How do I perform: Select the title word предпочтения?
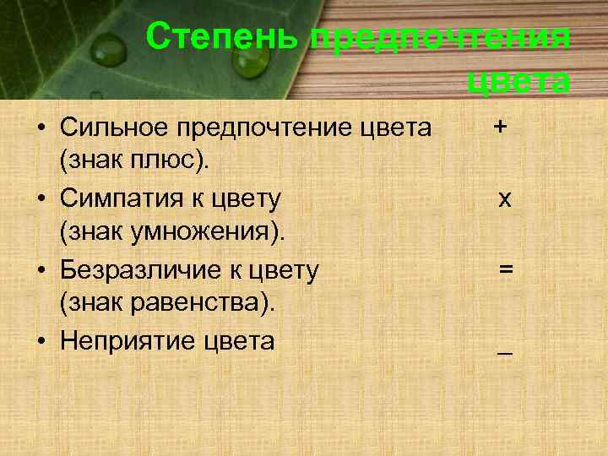click(x=440, y=38)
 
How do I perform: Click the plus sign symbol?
click(x=502, y=127)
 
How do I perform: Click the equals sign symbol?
click(x=505, y=269)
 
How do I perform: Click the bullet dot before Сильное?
click(x=40, y=129)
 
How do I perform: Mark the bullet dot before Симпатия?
click(x=40, y=200)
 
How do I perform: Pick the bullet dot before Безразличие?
click(x=40, y=271)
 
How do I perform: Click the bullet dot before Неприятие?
click(x=40, y=342)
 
